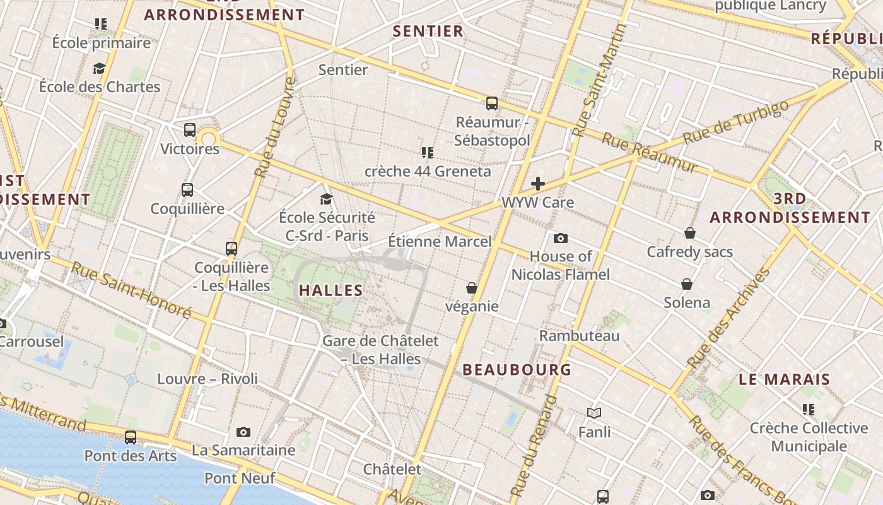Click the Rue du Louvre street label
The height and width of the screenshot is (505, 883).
(x=275, y=126)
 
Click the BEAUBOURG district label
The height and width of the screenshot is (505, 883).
(x=517, y=370)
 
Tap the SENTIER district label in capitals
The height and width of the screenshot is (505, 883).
(x=428, y=31)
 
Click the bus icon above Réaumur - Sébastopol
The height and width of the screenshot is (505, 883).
(x=492, y=104)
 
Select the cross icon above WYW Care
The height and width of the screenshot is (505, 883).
(x=538, y=184)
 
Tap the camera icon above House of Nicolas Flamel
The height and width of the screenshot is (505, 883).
(x=560, y=238)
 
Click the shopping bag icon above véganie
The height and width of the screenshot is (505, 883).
(x=471, y=288)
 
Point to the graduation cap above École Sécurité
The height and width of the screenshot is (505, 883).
(x=326, y=199)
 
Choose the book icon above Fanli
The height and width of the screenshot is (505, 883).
(x=594, y=413)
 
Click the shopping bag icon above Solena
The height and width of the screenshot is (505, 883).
(x=687, y=284)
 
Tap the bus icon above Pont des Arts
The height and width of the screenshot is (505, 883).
(x=131, y=437)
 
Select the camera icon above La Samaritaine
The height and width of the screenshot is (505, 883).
(x=243, y=432)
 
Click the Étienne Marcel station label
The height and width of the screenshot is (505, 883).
(x=440, y=241)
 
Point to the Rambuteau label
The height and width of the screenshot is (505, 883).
(x=579, y=336)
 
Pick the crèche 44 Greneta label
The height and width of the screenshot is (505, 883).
(x=428, y=171)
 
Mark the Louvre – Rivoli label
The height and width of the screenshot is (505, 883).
(x=208, y=379)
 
